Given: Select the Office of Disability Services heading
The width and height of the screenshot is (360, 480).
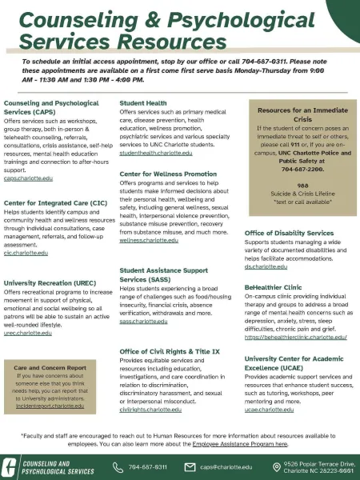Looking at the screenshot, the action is point(288,233).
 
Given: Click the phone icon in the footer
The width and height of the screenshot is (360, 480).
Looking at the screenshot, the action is point(118,467).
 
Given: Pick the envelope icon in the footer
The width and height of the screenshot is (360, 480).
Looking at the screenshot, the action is point(190,467).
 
